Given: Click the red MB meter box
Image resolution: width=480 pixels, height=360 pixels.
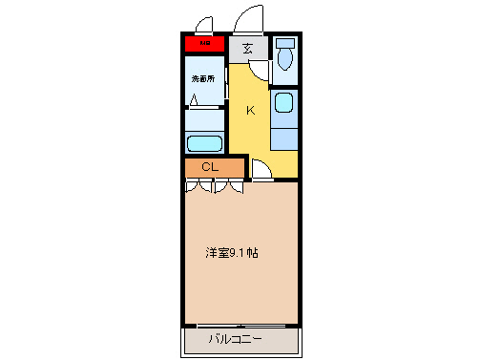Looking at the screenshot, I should point(204,43).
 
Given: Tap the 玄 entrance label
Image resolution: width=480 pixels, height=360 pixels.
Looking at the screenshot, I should point(247,48).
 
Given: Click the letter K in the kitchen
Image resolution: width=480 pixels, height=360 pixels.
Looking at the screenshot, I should point(251,111).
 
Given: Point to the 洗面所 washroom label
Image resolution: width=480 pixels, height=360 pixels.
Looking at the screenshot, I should point(204,77).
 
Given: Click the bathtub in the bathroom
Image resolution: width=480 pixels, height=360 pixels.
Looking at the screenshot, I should point(203,144).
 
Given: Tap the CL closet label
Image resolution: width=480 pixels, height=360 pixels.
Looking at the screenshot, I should point(211,168).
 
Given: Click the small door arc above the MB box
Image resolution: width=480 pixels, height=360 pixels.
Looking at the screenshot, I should point(203,26).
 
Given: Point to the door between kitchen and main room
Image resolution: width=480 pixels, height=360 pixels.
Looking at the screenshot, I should point(261,170).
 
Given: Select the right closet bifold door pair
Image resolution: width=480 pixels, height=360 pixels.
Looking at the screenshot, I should point(229,186).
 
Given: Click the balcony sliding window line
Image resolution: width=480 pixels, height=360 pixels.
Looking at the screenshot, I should point(240,325).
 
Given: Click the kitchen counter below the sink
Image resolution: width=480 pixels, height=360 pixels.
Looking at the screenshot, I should point(283,134).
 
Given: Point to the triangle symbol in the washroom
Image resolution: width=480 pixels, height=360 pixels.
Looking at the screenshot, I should point(195,98).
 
